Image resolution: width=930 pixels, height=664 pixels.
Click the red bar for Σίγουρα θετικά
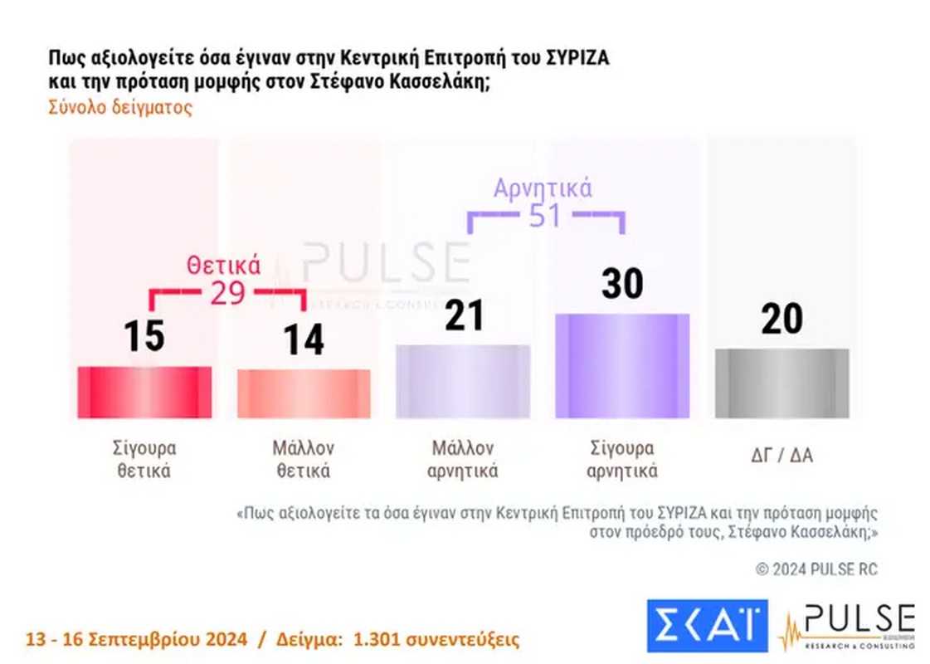pyautogui.click(x=144, y=392)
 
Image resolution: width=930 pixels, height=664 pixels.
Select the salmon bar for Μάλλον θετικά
pyautogui.click(x=304, y=393)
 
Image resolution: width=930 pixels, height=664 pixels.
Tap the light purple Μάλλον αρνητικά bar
pyautogui.click(x=463, y=381)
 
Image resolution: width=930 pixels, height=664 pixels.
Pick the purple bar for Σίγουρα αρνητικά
pyautogui.click(x=622, y=366)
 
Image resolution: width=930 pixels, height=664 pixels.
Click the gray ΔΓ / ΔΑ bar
pyautogui.click(x=781, y=383)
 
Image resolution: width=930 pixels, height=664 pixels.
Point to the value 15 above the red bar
pyautogui.click(x=144, y=337)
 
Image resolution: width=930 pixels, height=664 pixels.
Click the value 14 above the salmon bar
pyautogui.click(x=304, y=339)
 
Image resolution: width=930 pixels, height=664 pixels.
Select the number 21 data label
pyautogui.click(x=464, y=315)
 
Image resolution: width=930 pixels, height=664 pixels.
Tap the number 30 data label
pyautogui.click(x=622, y=284)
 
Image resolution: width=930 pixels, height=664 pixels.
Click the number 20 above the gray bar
pyautogui.click(x=781, y=319)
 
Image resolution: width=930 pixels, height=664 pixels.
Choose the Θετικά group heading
pyautogui.click(x=223, y=266)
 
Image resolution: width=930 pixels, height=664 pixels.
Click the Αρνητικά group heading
pyautogui.click(x=543, y=188)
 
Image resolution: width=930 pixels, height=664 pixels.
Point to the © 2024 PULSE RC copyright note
pyautogui.click(x=816, y=569)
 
